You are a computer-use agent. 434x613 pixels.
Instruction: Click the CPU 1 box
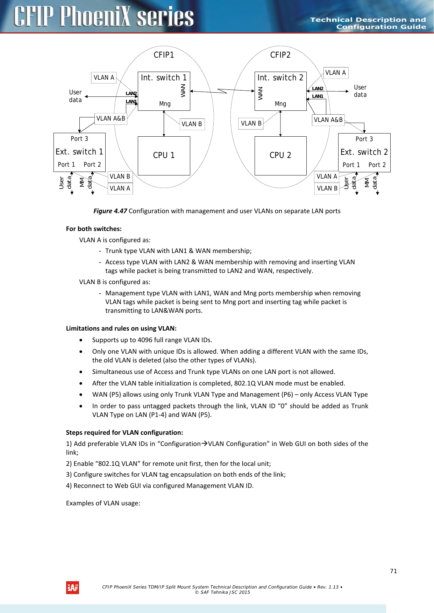(x=164, y=156)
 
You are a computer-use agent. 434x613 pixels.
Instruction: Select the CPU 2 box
(x=280, y=156)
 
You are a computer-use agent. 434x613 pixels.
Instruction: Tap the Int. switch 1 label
(x=164, y=78)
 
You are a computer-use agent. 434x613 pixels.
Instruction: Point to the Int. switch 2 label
(x=280, y=78)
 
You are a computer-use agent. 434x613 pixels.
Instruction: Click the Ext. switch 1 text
(x=79, y=152)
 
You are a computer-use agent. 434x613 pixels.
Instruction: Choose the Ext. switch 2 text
(x=364, y=152)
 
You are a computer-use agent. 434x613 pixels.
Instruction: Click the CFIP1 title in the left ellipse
(x=164, y=55)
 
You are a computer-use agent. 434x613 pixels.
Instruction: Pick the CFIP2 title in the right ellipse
(x=280, y=55)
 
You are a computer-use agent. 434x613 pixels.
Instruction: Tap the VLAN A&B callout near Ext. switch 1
(x=111, y=118)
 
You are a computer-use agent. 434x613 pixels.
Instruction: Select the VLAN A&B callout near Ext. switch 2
(x=328, y=120)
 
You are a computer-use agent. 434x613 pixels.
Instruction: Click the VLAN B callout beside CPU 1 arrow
(x=192, y=124)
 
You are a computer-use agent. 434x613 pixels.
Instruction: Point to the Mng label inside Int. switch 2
(x=280, y=104)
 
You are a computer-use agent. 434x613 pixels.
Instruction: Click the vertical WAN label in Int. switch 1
(x=183, y=91)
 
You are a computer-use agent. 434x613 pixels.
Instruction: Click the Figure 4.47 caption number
(x=110, y=211)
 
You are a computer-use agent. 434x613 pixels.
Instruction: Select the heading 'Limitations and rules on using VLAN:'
(x=121, y=329)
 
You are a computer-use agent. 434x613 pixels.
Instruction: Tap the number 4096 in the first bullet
(x=145, y=340)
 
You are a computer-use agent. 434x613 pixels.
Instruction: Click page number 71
(x=393, y=571)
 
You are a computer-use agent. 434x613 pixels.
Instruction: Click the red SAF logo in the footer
(x=72, y=588)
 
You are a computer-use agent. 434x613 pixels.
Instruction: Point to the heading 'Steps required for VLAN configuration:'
(x=124, y=433)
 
